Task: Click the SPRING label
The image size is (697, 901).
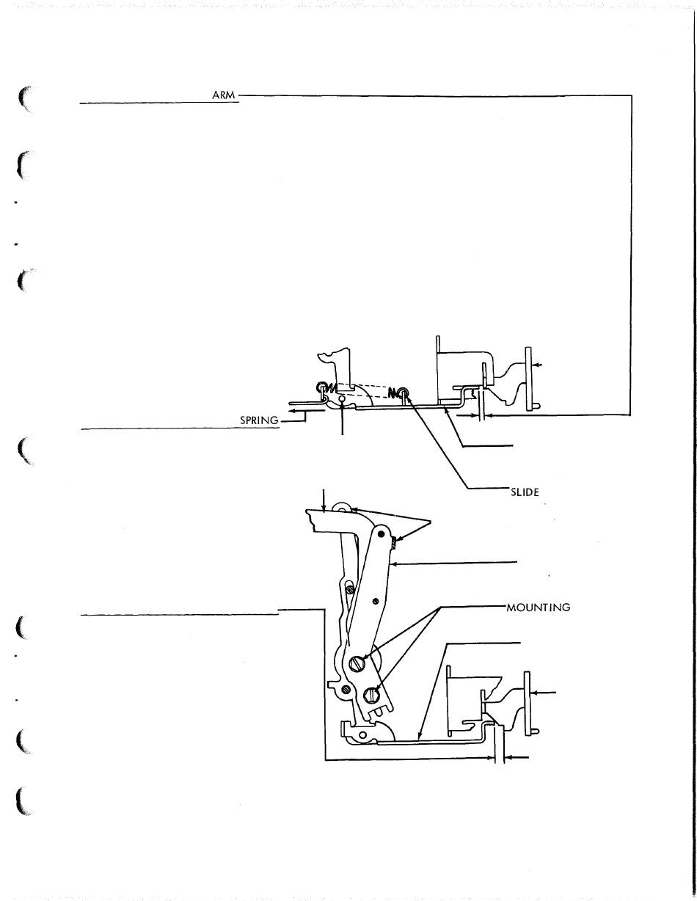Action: tap(260, 420)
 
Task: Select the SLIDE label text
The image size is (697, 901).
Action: tap(525, 492)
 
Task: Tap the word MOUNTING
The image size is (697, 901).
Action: tap(539, 607)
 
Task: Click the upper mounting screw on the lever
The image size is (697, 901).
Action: tap(358, 663)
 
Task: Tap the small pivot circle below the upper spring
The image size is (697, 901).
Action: tap(343, 401)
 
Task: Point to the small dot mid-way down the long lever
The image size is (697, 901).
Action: tap(375, 601)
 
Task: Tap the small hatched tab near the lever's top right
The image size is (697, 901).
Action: tap(393, 543)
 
